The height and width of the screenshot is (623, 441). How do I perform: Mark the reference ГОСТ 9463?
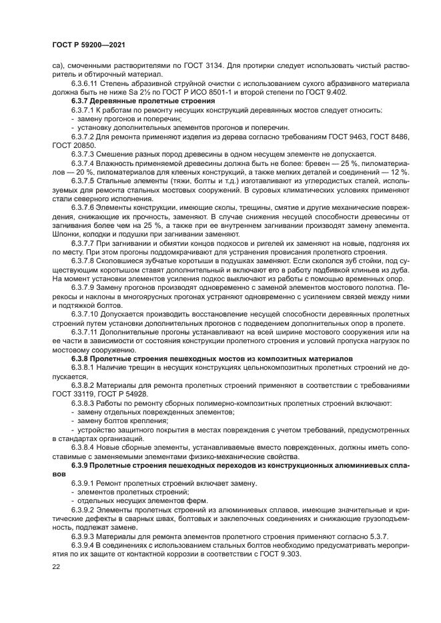(354, 136)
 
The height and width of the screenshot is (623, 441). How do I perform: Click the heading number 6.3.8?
(80, 358)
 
